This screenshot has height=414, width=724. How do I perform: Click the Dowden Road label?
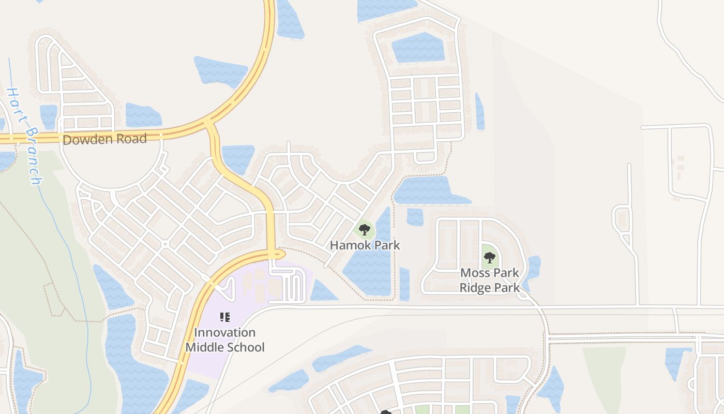coord(104,139)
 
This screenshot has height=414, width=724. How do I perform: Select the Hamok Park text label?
coord(365,245)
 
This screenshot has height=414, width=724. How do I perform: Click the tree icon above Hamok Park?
coord(365,229)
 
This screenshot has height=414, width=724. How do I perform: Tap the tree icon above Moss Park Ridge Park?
coord(489,257)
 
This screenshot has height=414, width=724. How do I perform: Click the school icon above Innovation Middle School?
coord(225,317)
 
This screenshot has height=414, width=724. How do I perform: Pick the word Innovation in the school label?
coord(225,332)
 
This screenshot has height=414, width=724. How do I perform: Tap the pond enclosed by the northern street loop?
coord(418,48)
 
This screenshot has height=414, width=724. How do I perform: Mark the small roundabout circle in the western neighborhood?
coord(165,243)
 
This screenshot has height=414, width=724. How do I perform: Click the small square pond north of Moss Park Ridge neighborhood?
coord(415,217)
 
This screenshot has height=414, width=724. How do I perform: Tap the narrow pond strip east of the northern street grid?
coord(479,111)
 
